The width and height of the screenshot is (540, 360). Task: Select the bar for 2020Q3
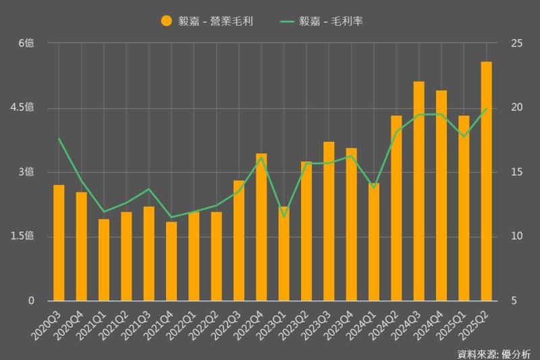point(59,242)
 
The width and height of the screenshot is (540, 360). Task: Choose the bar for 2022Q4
point(261,227)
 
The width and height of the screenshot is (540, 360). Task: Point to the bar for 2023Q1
point(283,253)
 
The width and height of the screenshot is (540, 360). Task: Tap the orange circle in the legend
point(166,21)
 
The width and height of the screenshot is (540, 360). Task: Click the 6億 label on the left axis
point(26,43)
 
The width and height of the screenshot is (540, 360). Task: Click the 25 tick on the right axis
point(517,43)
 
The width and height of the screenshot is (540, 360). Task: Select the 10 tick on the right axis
point(517,236)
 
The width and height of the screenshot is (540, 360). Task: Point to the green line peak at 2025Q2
point(486,108)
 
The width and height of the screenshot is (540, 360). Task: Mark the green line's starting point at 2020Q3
point(59,139)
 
